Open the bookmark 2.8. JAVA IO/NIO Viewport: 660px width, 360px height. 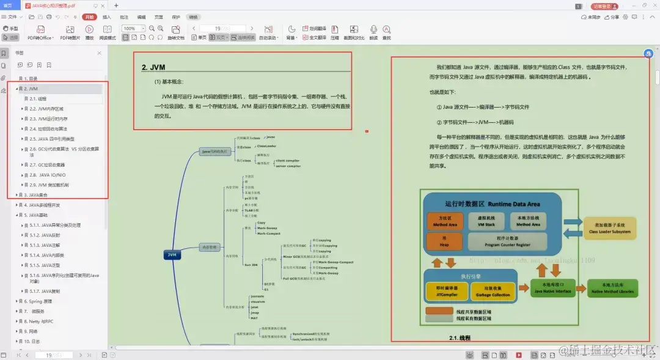(x=48, y=175)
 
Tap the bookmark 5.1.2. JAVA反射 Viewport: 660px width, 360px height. (x=45, y=235)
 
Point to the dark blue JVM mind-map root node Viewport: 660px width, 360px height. (x=172, y=255)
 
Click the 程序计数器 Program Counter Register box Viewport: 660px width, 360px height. (x=508, y=241)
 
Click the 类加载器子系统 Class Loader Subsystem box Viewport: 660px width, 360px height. (x=610, y=229)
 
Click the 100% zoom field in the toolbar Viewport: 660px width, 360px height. (x=130, y=29)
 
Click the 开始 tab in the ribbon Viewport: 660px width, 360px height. (x=89, y=17)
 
